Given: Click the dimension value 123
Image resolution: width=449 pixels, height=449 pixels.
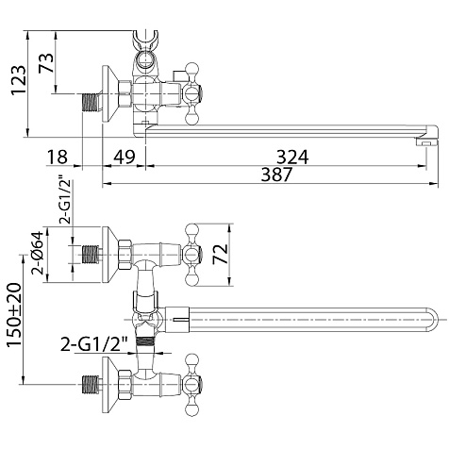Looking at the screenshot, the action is coord(18,80).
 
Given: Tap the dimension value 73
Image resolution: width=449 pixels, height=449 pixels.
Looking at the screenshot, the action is coord(46,63).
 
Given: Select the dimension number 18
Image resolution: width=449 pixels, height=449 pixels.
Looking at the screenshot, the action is coord(58,157).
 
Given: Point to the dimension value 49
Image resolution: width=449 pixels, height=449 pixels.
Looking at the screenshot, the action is coord(124,157).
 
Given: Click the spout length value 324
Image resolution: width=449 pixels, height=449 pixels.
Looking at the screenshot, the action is coord(292,157).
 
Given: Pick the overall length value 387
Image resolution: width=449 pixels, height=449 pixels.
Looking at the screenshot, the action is coord(276,175).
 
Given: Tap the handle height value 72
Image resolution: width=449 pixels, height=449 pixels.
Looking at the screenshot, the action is coord(220,254).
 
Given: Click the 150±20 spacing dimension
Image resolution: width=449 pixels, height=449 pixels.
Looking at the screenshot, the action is coord(14,315).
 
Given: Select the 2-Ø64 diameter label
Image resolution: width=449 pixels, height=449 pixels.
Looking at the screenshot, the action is coord(37,254).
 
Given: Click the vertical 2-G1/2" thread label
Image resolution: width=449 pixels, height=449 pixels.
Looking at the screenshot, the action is coord(66,200).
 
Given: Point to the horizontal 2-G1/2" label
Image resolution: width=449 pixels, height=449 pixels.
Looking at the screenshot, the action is coord(94,344).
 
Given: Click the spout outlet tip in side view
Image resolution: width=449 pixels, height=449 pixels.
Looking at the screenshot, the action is coord(427,142).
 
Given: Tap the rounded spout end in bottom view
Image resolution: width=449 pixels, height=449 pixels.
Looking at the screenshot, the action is coord(433,320).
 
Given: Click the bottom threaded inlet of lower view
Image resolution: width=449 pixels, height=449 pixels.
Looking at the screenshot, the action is coord(91,384).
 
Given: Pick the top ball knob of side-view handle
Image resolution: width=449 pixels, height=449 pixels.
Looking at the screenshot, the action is coord(192,69).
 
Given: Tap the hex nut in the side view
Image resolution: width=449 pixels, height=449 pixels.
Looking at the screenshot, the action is coord(125,93).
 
